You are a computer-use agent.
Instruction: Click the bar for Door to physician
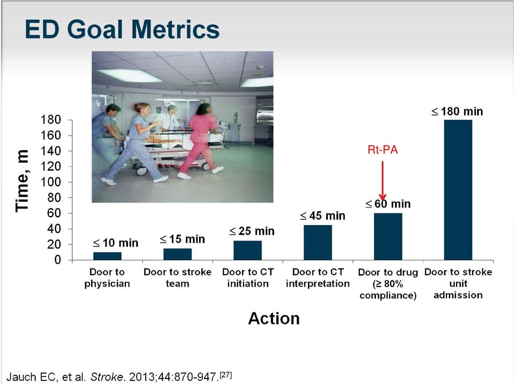point(107,256)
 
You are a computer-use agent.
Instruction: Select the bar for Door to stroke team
point(177,255)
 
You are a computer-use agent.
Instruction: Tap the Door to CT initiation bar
point(247,250)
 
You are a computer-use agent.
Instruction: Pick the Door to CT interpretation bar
point(318,243)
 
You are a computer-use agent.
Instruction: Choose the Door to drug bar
point(388,237)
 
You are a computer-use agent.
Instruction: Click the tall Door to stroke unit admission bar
point(458,190)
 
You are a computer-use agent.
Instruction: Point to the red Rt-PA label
point(382,150)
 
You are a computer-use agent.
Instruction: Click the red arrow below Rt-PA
point(382,180)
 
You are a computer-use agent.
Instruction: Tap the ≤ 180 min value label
point(457,111)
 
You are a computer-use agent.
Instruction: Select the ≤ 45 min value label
point(322,215)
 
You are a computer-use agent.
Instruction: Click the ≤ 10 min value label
point(116,243)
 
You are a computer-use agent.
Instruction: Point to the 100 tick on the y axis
point(51,182)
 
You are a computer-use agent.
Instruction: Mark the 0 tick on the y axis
point(58,260)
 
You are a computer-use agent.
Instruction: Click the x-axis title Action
point(274,318)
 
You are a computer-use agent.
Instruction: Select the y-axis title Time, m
point(22,181)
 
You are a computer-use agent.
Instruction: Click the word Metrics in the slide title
point(176,29)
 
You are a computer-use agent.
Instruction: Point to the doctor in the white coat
point(170,117)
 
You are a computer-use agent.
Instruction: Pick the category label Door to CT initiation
point(247,278)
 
